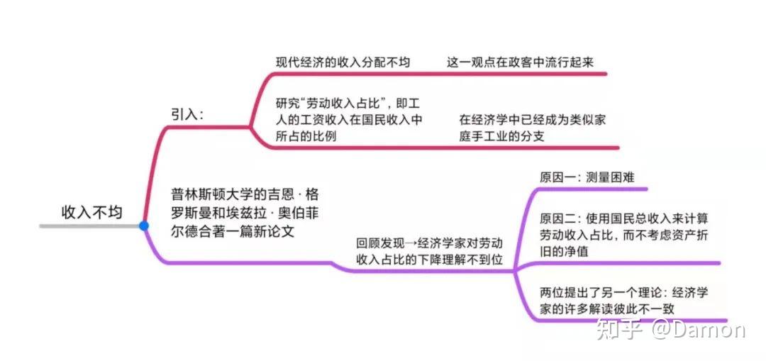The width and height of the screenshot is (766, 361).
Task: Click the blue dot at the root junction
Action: tap(143, 226)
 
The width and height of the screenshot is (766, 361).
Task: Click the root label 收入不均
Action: tap(91, 212)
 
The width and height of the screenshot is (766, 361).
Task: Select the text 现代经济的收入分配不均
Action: tap(343, 62)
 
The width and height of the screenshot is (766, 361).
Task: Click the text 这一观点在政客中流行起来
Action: tap(520, 62)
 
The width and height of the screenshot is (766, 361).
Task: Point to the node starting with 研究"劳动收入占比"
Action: tap(349, 120)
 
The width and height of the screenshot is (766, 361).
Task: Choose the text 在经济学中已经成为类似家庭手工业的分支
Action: tap(532, 128)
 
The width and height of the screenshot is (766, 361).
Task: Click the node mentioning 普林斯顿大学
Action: tap(245, 213)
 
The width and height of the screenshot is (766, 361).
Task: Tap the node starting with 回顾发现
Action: tap(429, 252)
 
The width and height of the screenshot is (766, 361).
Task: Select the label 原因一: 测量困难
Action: tap(587, 177)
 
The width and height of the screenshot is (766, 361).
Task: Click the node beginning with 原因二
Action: tap(624, 235)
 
